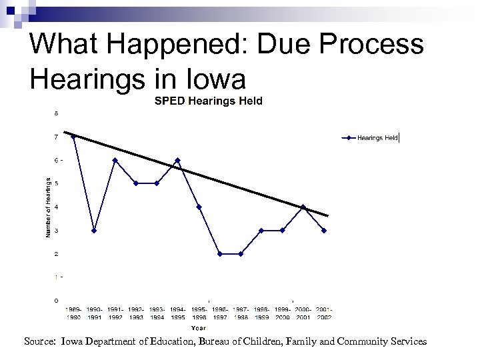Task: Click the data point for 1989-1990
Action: point(73,137)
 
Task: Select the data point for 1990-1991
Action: point(94,231)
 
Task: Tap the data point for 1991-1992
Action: point(115,160)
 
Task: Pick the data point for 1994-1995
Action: point(177,160)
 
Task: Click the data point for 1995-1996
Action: point(199,207)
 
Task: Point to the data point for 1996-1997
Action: point(219,254)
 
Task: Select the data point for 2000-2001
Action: point(303,207)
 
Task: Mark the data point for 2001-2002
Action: point(324,231)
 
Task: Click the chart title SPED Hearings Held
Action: point(209,101)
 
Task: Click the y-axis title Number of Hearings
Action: point(48,207)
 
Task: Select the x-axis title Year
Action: point(198,327)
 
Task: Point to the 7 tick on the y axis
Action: point(56,137)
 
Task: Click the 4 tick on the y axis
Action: point(56,207)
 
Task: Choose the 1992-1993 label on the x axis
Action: point(136,314)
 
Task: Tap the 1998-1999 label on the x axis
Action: point(261,314)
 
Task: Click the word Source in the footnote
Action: point(39,341)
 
